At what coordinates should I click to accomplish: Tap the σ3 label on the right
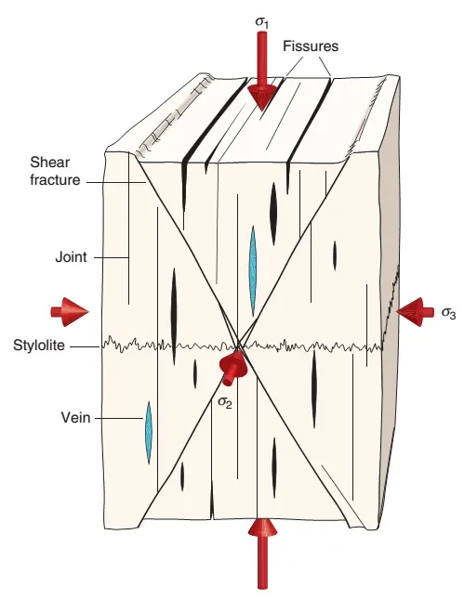(x=448, y=312)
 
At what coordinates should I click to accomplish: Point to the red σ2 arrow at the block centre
(x=230, y=368)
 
